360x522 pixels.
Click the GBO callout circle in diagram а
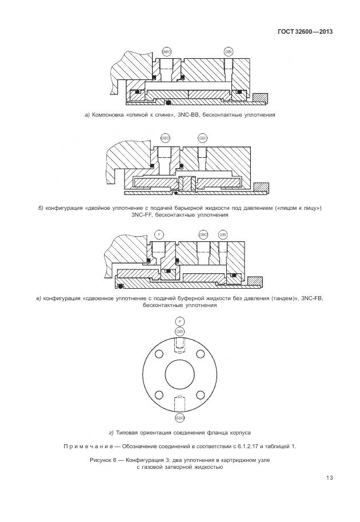tap(166, 51)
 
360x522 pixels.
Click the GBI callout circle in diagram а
tap(229, 51)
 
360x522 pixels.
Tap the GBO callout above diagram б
tap(166, 138)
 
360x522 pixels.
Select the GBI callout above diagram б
tap(202, 138)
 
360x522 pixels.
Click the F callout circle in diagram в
tap(159, 234)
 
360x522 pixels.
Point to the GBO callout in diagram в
tap(203, 234)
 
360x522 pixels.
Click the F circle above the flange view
tap(180, 321)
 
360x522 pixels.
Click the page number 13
tap(330, 478)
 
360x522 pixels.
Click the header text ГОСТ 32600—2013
tap(305, 32)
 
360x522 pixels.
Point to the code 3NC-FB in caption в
tap(312, 298)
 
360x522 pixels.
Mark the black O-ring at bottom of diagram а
tap(168, 102)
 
